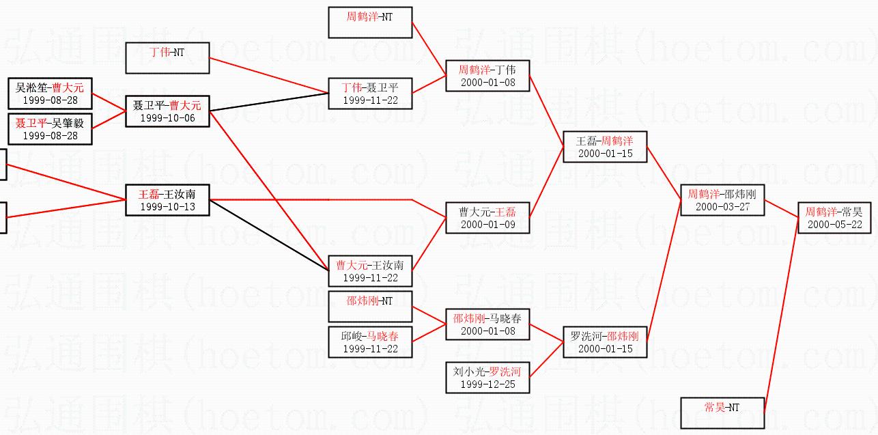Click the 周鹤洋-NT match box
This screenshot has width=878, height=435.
pyautogui.click(x=370, y=23)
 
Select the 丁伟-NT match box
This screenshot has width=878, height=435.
pyautogui.click(x=167, y=57)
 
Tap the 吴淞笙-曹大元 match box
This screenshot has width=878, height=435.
pyautogui.click(x=51, y=94)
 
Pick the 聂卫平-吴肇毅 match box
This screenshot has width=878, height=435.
pyautogui.click(x=51, y=129)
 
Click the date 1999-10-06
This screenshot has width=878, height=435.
pyautogui.click(x=167, y=117)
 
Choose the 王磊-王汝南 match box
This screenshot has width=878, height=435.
pyautogui.click(x=167, y=199)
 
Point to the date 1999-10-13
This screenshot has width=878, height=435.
pyautogui.click(x=167, y=206)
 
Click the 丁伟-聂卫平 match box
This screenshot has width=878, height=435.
pyautogui.click(x=370, y=94)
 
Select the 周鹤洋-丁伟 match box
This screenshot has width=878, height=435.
pyautogui.click(x=487, y=76)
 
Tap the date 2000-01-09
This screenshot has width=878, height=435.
pyautogui.click(x=487, y=224)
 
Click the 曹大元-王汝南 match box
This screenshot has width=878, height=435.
pyautogui.click(x=370, y=270)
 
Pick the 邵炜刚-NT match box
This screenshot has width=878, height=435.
pyautogui.click(x=370, y=306)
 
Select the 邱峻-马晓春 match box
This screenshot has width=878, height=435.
pyautogui.click(x=370, y=341)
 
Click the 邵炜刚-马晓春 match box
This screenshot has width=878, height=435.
pyautogui.click(x=487, y=324)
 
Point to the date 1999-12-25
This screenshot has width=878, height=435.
pyautogui.click(x=487, y=384)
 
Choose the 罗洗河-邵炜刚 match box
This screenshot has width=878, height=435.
pyautogui.click(x=604, y=341)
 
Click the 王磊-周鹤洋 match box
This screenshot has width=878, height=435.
pyautogui.click(x=604, y=147)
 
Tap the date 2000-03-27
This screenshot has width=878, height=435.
pyautogui.click(x=722, y=206)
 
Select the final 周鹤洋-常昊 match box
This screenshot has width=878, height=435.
pyautogui.click(x=834, y=218)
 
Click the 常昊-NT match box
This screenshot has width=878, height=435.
pyautogui.click(x=722, y=412)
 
